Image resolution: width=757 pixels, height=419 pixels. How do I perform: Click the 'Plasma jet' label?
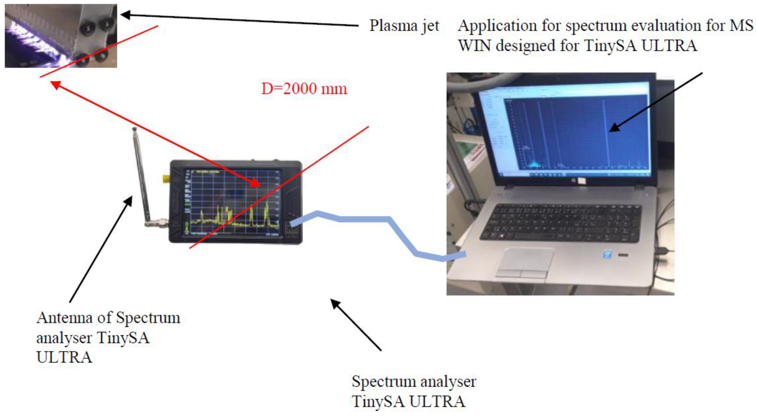tap(404, 26)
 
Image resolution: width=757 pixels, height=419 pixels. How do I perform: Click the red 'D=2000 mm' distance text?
tap(304, 88)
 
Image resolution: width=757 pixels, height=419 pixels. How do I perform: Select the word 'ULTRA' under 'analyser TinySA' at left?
tap(64, 357)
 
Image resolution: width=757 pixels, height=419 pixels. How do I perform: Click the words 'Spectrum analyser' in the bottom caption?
tap(414, 381)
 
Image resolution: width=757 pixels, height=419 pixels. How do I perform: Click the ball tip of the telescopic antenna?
tap(134, 129)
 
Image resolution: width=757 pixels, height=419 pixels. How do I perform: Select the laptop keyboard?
tap(561, 223)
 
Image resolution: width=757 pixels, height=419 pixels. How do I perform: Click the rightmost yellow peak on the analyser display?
tap(266, 211)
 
